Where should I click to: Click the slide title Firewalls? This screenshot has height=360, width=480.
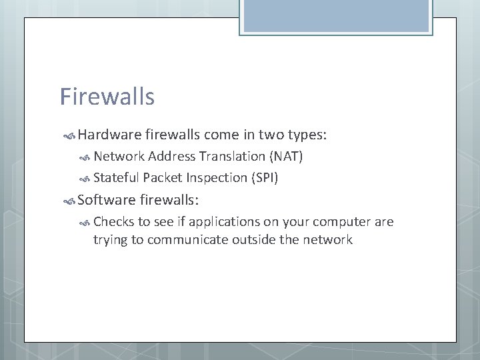point(107,97)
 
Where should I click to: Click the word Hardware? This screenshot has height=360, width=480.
point(107,135)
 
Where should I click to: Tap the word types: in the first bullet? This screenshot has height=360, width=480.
point(306,135)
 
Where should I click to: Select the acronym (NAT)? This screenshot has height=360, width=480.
point(286,157)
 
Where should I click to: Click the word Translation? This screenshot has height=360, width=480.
point(230,157)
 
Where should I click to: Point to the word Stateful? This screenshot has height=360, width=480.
point(116,178)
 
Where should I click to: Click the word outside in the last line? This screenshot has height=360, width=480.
point(255,240)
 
